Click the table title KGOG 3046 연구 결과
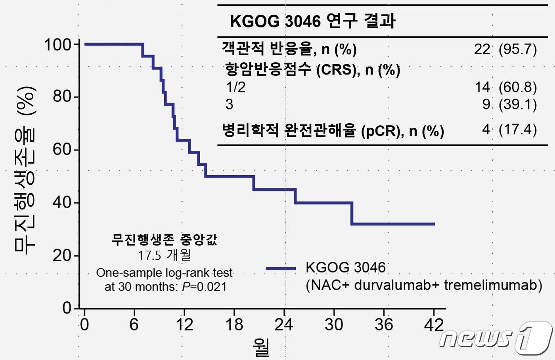tap(312, 21)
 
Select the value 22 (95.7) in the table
tap(505, 49)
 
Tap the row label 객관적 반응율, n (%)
tap(289, 49)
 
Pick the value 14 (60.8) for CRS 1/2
tap(505, 87)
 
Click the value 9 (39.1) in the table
tap(509, 104)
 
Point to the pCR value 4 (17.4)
tap(509, 130)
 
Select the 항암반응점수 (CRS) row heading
tap(312, 70)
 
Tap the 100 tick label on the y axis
tap(57, 45)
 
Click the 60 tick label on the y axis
tap(62, 149)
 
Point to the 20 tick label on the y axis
tap(62, 256)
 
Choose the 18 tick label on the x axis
tap(234, 325)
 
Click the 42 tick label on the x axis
tap(434, 325)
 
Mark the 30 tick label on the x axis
tap(334, 325)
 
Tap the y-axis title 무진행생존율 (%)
tap(25, 170)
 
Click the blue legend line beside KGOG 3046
tap(281, 268)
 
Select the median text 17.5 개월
tap(164, 255)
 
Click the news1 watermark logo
tap(496, 338)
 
